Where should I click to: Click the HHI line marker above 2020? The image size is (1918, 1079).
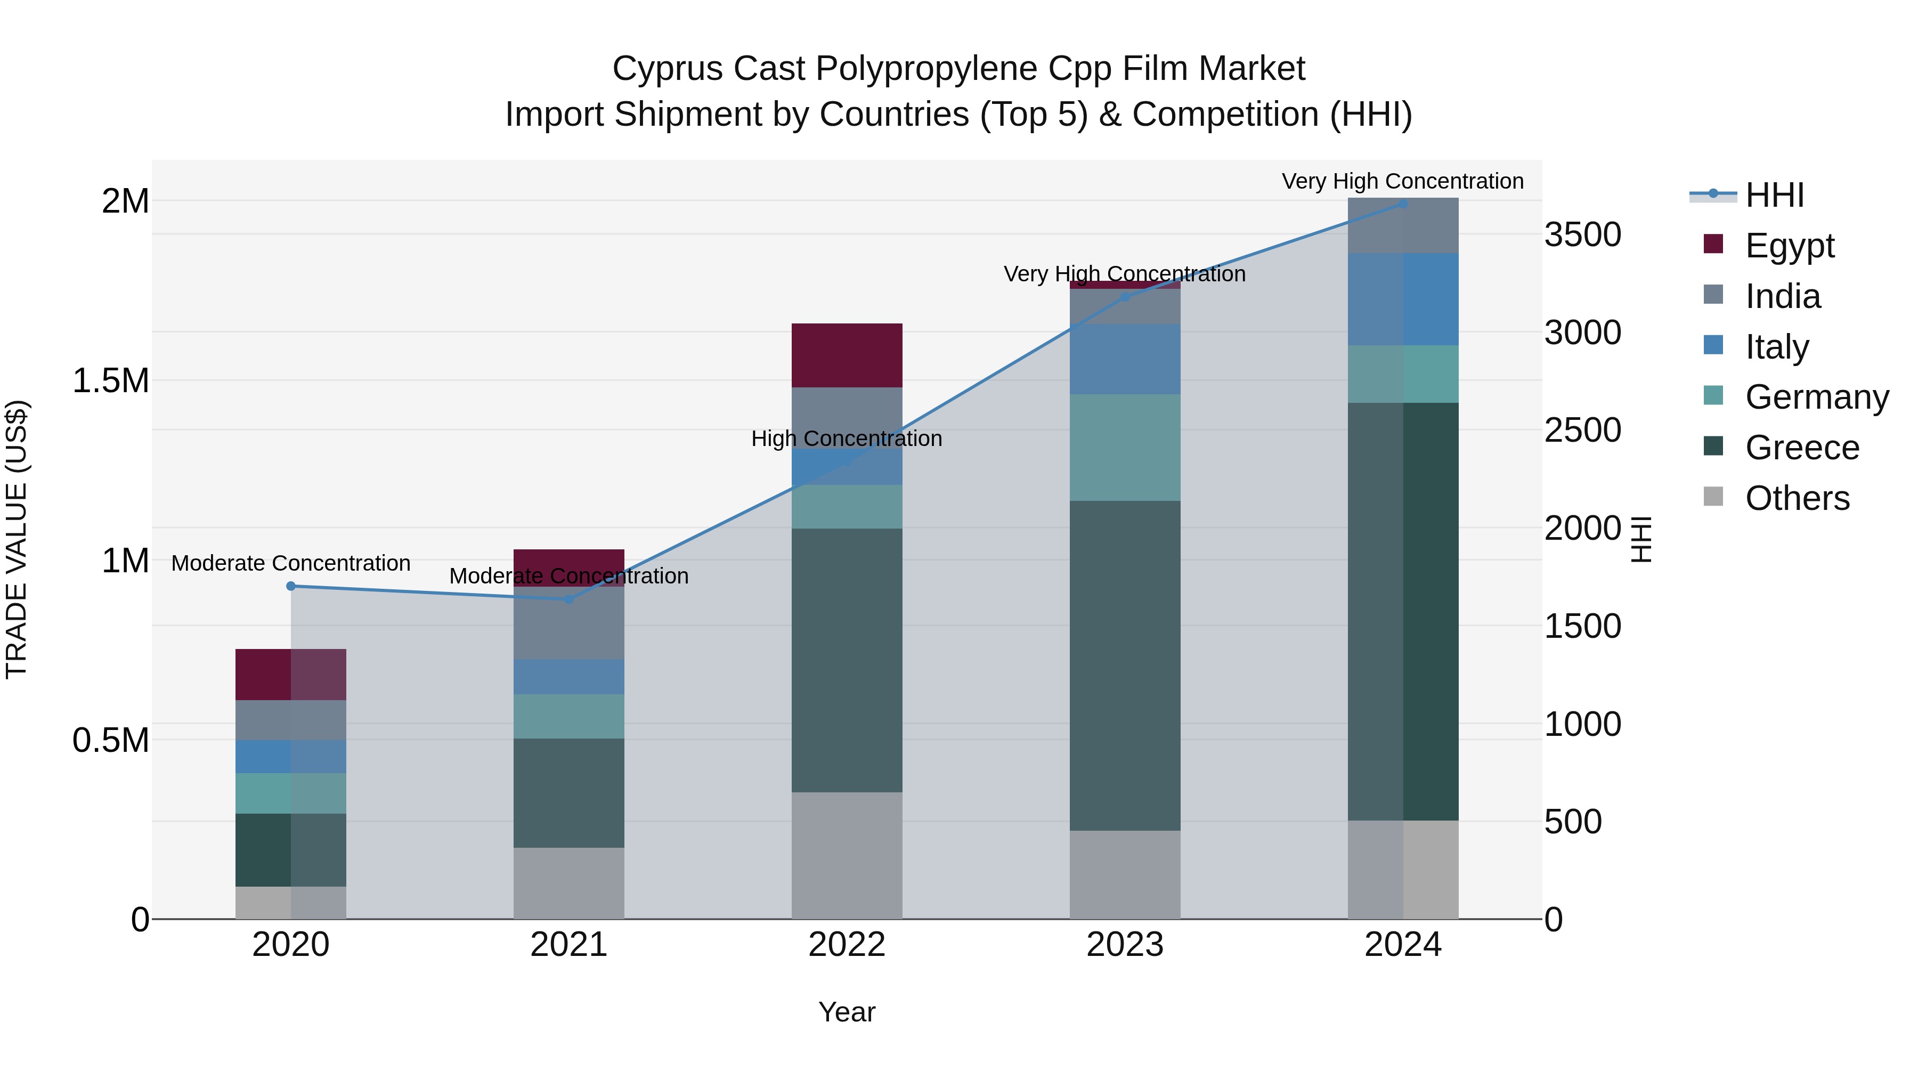[291, 586]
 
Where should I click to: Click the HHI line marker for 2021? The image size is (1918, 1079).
[569, 599]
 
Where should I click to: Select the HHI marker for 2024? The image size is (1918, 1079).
[1403, 204]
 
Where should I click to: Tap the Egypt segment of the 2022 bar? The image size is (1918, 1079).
[847, 355]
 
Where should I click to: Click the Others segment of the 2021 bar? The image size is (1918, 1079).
[569, 883]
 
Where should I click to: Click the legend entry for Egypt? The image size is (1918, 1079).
[1789, 246]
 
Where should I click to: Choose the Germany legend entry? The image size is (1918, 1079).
[1816, 397]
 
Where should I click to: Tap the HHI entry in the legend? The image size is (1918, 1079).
[1774, 195]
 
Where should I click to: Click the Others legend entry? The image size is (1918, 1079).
[1797, 498]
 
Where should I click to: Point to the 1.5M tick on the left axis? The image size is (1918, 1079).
[110, 380]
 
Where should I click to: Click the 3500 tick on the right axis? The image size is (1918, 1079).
[1582, 234]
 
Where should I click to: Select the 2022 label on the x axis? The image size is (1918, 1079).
[847, 945]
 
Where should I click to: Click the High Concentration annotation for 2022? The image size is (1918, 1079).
[847, 439]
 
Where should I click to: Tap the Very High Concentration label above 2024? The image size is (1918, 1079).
[1403, 182]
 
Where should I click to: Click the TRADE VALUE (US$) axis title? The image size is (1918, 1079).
[17, 539]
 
